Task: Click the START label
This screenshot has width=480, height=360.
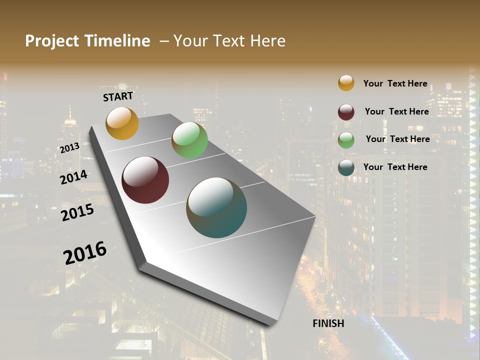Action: tap(118, 96)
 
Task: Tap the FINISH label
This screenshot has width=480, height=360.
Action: tap(328, 323)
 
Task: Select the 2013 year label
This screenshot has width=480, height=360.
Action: tap(69, 148)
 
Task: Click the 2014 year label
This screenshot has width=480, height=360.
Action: tap(74, 177)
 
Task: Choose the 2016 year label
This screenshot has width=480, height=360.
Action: tap(85, 253)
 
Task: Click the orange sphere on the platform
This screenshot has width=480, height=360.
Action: tap(122, 123)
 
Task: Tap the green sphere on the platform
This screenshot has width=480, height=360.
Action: tap(189, 140)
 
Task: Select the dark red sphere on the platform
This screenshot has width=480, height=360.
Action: tap(145, 180)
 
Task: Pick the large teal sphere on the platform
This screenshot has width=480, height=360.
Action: tap(216, 207)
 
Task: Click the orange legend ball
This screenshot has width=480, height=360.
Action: tap(346, 83)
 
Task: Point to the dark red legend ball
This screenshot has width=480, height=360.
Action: tap(346, 112)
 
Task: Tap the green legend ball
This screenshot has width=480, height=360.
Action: tap(346, 140)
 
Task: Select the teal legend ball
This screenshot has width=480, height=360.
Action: tap(346, 167)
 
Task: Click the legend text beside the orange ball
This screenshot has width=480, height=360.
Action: tap(395, 83)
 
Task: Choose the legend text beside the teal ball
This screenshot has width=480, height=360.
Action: tap(395, 167)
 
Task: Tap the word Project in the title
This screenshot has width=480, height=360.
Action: tap(52, 41)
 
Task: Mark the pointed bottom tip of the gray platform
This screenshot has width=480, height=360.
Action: tap(272, 325)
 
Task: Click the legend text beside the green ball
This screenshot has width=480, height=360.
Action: tap(397, 139)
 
